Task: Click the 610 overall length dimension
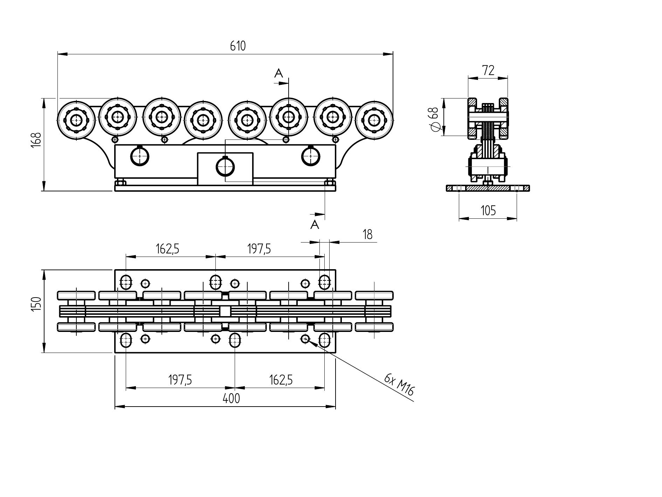coord(238,46)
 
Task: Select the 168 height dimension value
coord(36,140)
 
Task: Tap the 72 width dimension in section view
coord(488,70)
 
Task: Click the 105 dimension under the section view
coord(488,211)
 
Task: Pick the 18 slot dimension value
coord(367,234)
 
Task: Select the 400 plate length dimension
coord(232,399)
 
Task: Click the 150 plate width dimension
coord(36,304)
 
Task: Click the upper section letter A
coord(278,73)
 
